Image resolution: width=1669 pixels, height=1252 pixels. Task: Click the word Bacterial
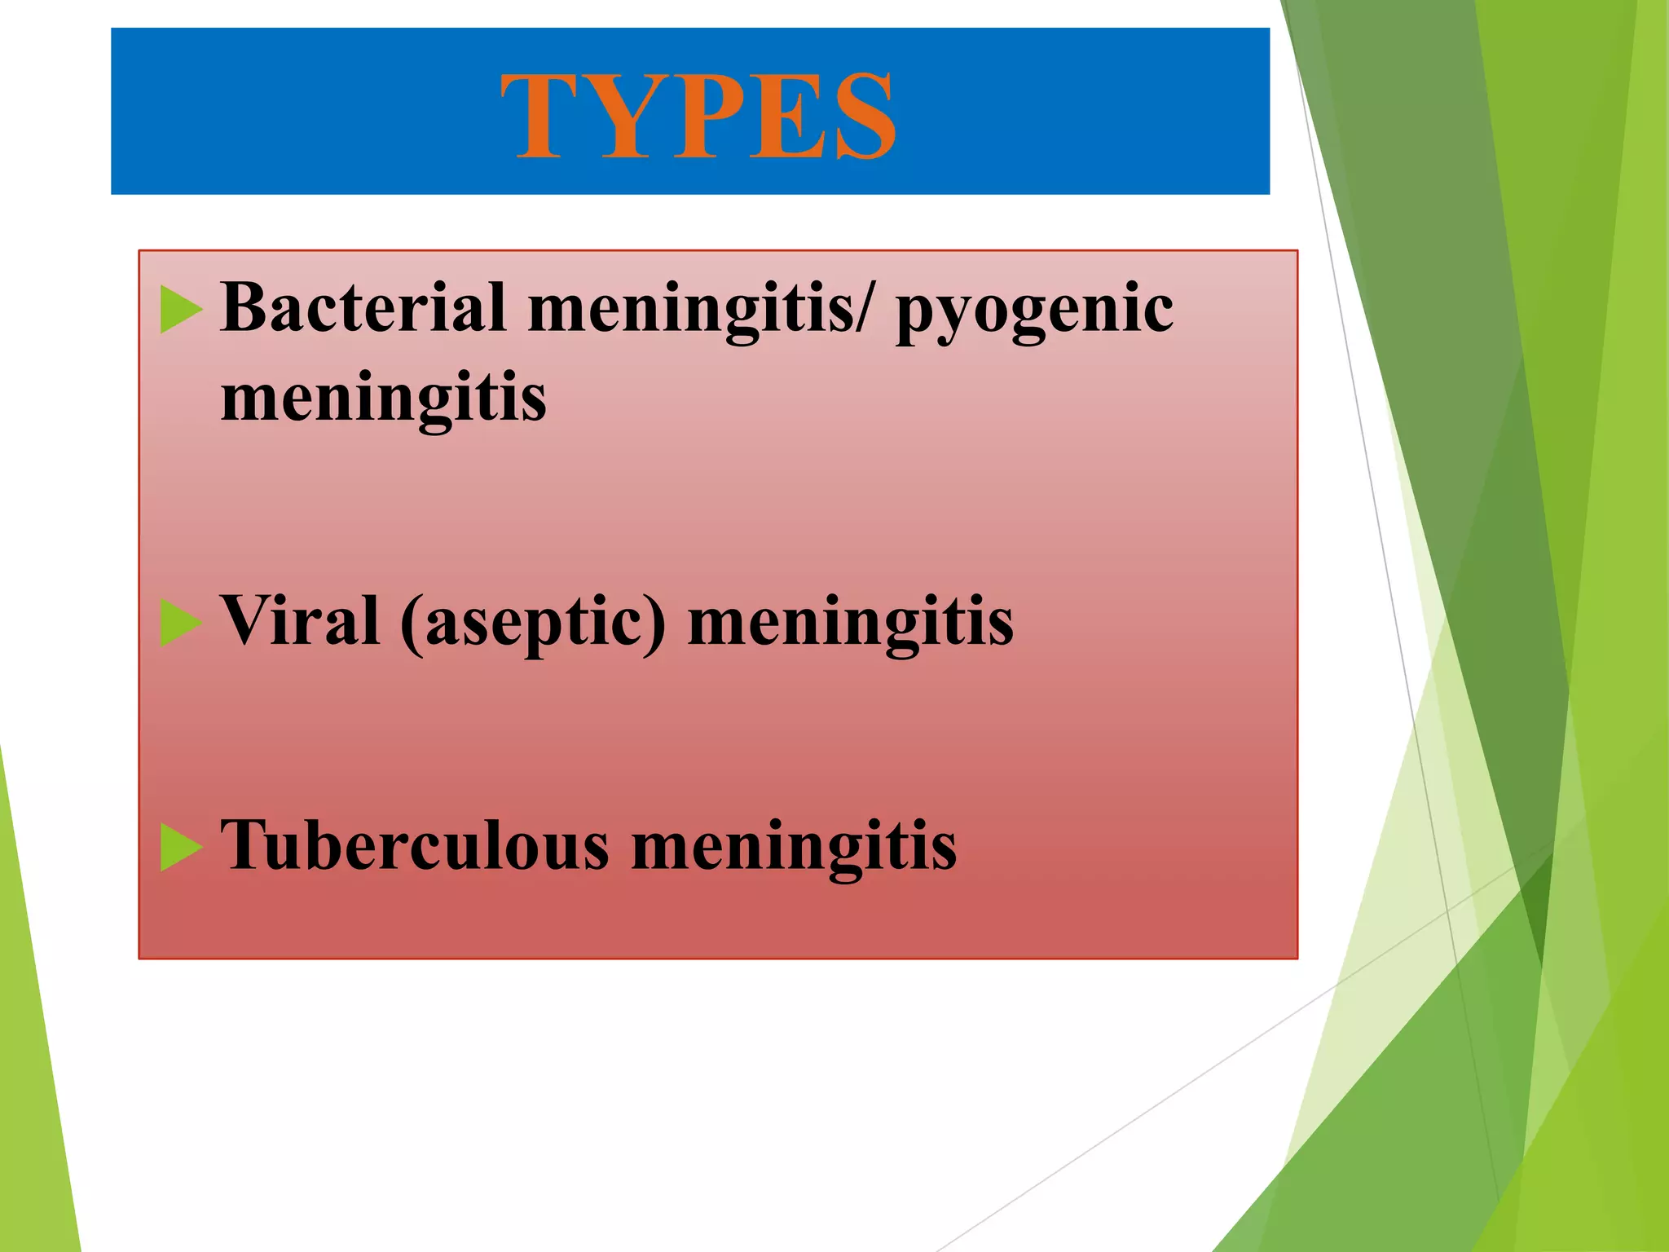point(363,307)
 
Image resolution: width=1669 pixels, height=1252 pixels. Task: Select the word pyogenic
point(1034,313)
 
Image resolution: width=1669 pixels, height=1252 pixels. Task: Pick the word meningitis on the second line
point(383,398)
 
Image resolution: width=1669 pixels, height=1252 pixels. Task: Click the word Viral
point(300,621)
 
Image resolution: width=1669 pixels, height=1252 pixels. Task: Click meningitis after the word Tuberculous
point(794,848)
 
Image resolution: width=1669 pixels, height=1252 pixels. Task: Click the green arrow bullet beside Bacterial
point(180,309)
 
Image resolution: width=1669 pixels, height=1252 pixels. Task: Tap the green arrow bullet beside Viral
point(180,623)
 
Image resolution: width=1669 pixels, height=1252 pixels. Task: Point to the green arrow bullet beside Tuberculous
point(180,847)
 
